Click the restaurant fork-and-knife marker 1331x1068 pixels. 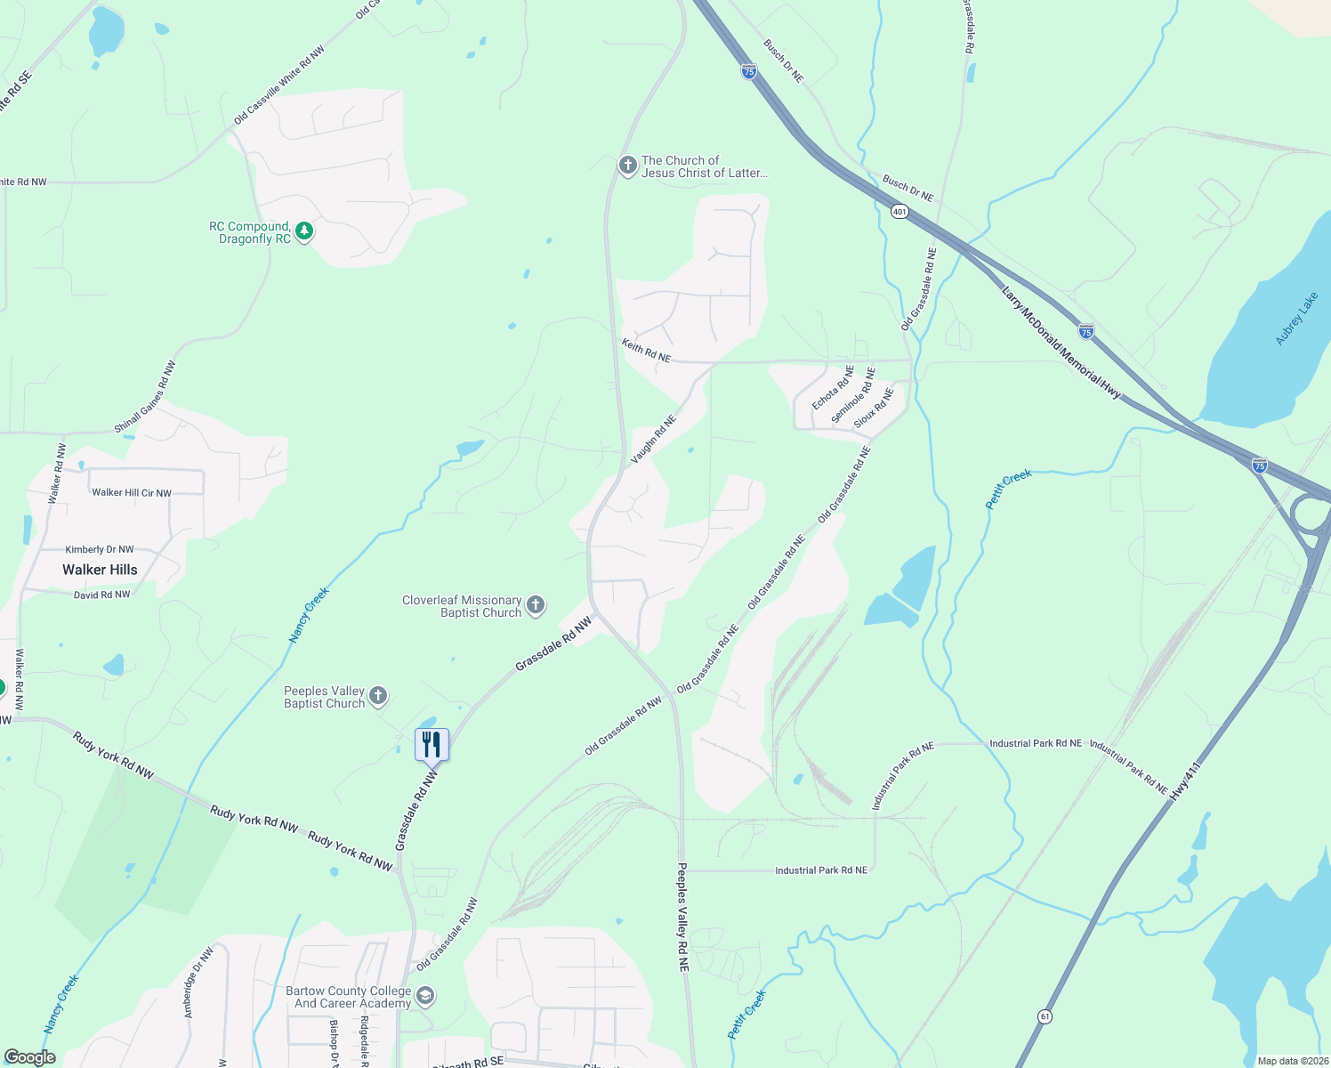coord(432,744)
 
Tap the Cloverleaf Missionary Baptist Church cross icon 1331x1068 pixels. coord(536,606)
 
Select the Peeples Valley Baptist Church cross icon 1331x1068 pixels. coord(378,697)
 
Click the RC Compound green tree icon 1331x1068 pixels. coord(304,232)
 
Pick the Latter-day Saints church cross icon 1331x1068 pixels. coord(627,166)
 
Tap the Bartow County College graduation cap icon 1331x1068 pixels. coord(425,996)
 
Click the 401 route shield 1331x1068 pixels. coord(899,212)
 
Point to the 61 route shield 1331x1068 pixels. coord(1045,1016)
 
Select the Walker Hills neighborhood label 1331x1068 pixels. coord(100,570)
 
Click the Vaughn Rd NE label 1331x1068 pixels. coord(654,438)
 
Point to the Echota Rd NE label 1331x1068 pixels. coord(832,387)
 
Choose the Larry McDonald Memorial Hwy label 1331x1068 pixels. coord(1061,342)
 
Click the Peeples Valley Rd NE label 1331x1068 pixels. coord(682,916)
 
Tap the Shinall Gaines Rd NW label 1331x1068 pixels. coord(145,398)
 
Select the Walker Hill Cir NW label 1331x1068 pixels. coord(132,492)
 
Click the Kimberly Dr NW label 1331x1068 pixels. coord(100,550)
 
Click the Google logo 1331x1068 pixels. coord(30,1057)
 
